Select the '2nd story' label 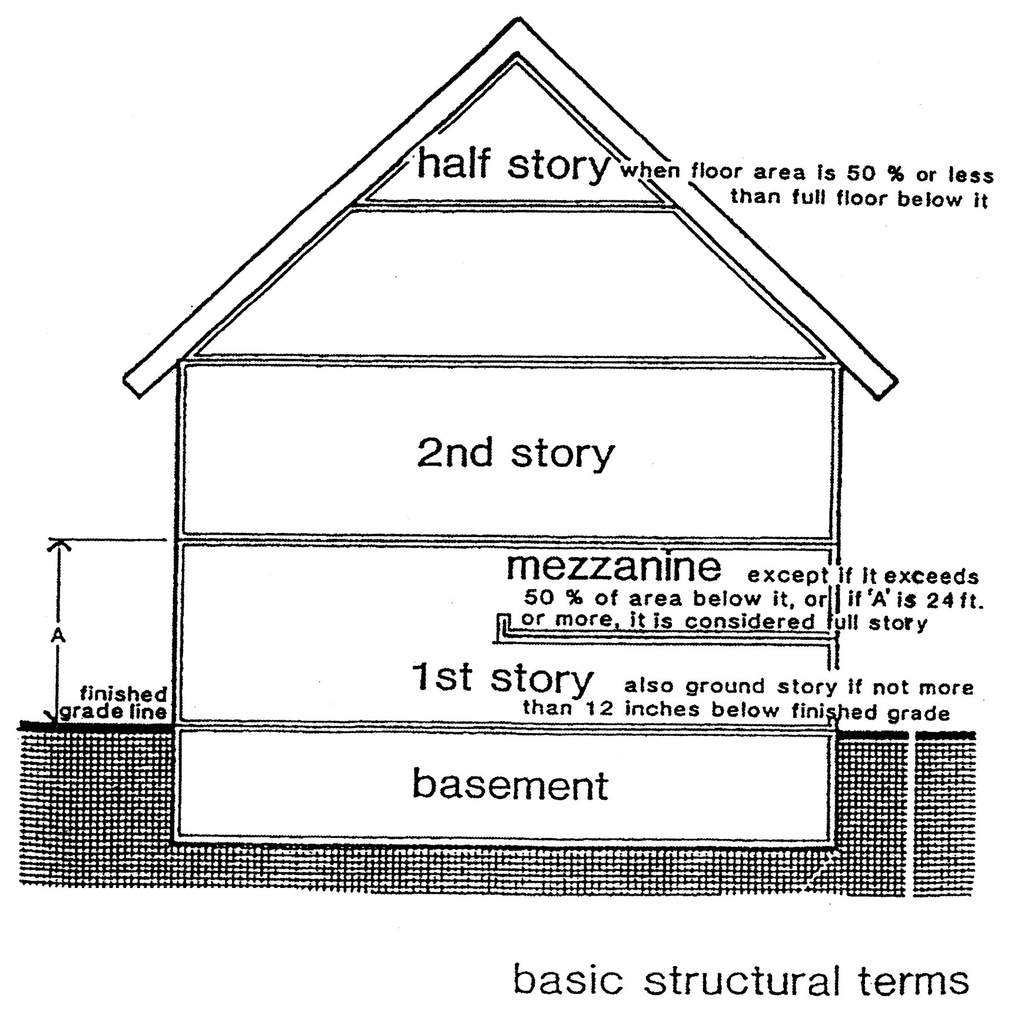pos(515,454)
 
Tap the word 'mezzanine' pos(613,566)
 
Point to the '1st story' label pos(502,678)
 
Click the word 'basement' pos(510,784)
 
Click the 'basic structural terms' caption pos(741,980)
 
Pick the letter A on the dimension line pos(58,637)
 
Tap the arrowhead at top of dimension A pos(59,545)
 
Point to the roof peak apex pos(518,21)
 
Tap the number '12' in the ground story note pos(599,710)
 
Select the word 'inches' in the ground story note pos(661,710)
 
